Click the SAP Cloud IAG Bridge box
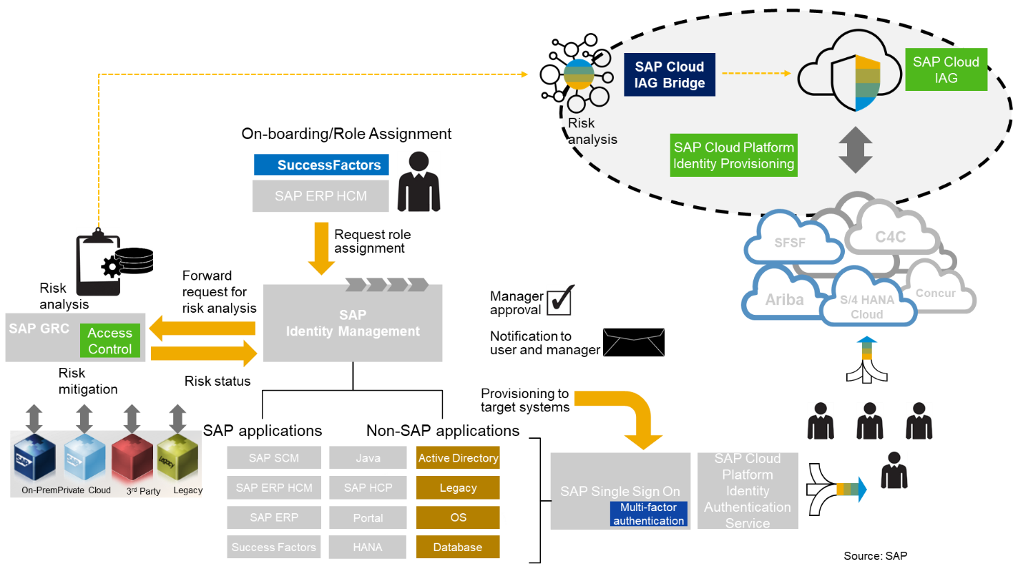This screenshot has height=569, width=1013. (x=669, y=75)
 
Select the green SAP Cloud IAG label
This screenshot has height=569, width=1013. (x=946, y=70)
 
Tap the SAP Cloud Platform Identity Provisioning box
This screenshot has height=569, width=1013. (x=733, y=155)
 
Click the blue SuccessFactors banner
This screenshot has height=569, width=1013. (x=321, y=165)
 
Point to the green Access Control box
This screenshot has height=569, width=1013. (x=109, y=341)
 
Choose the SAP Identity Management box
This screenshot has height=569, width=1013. (x=353, y=324)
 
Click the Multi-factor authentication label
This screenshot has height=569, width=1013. (x=648, y=514)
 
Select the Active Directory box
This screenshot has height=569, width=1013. (x=458, y=458)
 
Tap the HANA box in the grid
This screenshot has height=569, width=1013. (x=368, y=547)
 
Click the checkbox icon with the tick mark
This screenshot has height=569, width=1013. (x=560, y=300)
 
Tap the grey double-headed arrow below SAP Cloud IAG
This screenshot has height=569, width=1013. (x=855, y=150)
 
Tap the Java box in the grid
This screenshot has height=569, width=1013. (x=368, y=458)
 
